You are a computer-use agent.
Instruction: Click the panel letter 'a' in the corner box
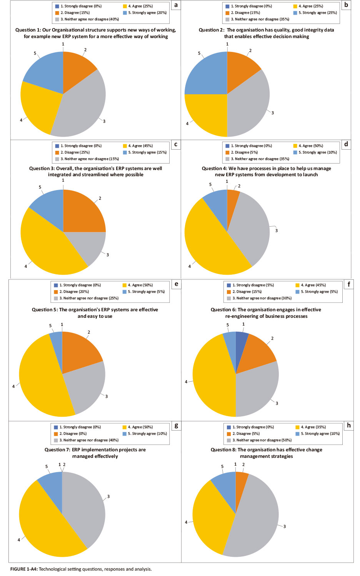pos(176,5)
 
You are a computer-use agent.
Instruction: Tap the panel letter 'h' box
pos(348,425)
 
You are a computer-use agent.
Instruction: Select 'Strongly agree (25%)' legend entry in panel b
pos(317,13)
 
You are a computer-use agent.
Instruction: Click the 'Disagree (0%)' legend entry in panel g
pos(73,434)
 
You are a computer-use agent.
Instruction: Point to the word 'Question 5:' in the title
pos(45,310)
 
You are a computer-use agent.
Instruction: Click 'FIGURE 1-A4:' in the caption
pos(23,569)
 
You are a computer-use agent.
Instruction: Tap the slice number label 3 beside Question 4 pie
pos(276,230)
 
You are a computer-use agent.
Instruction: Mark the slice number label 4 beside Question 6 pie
pos(186,382)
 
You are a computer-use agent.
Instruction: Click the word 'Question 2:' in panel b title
pos(212,30)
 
